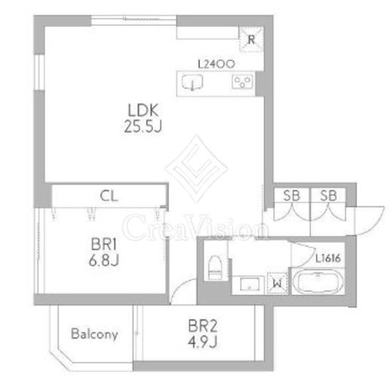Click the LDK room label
point(143,110)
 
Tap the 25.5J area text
point(142,126)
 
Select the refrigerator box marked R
point(251,39)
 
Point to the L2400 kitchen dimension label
point(216,64)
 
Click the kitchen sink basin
point(192,82)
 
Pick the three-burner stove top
point(242,81)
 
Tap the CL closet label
point(109,196)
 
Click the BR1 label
point(103,244)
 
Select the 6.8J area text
point(104,260)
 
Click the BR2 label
point(202,326)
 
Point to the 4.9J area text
point(202,342)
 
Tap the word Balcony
point(94,334)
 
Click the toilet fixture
point(215,267)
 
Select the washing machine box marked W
point(277,283)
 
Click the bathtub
point(318,281)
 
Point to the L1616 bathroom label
point(328,258)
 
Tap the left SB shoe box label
point(292,195)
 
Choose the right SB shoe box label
point(328,195)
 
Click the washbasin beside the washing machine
point(250,284)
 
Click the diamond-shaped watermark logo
point(197,168)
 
